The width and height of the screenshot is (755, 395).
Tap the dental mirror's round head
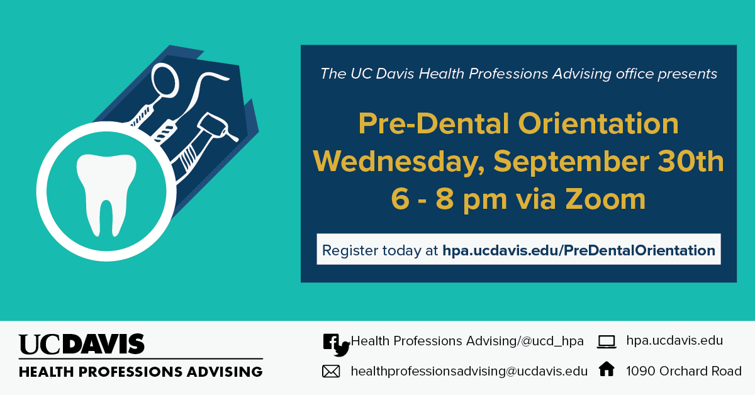pyautogui.click(x=164, y=81)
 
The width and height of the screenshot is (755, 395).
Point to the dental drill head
pyautogui.click(x=213, y=125)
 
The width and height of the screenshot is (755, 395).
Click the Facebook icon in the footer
pyautogui.click(x=331, y=342)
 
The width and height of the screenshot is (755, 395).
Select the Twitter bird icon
pyautogui.click(x=342, y=349)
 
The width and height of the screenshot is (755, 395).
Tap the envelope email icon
pyautogui.click(x=331, y=371)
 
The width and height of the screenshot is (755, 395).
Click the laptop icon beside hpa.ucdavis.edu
pyautogui.click(x=607, y=342)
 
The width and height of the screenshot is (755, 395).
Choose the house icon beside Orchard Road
pyautogui.click(x=607, y=369)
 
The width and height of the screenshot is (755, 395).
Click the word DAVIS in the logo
pyautogui.click(x=104, y=344)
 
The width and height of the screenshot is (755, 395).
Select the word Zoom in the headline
pyautogui.click(x=605, y=199)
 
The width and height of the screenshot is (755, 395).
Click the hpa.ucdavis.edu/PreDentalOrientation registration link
pyautogui.click(x=579, y=250)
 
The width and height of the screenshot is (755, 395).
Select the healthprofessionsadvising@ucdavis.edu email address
pyautogui.click(x=469, y=371)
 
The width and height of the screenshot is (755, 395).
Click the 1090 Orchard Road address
pyautogui.click(x=684, y=371)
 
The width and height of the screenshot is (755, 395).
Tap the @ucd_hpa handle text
pyautogui.click(x=552, y=342)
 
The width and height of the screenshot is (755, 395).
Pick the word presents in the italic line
pyautogui.click(x=687, y=74)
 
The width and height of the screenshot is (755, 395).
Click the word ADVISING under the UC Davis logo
pyautogui.click(x=225, y=372)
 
